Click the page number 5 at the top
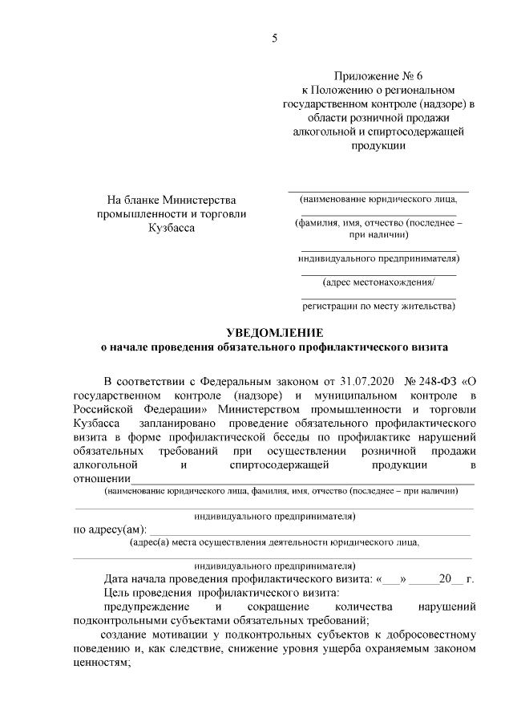274,38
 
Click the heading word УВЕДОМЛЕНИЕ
273,334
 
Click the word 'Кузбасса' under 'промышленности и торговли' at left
171,228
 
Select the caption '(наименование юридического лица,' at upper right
379,198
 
